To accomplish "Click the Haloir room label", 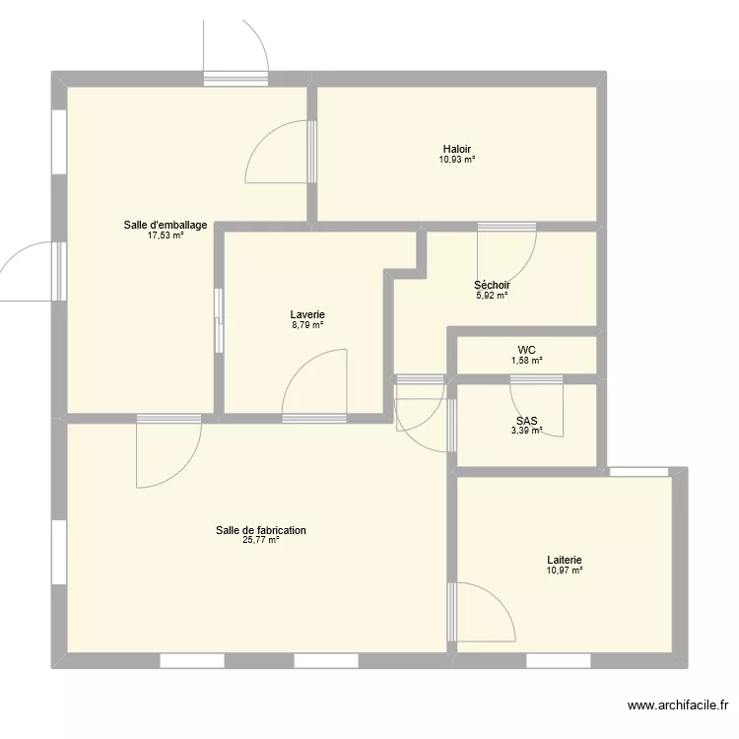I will coord(456,149).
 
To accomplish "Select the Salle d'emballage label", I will coord(166,225).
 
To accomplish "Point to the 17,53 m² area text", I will coord(166,235).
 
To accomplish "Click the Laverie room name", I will coord(307,314).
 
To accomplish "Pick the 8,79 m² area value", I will coord(307,325).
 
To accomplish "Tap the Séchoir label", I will coord(492,285).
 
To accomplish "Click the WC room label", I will coord(526,350).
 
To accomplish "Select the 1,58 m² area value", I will coord(526,361).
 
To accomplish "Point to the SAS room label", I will coord(526,419).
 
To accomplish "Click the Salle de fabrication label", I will coord(261,530).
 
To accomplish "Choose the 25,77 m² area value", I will coord(261,540).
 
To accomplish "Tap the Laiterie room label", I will coord(566,560).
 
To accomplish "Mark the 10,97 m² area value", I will coord(566,570).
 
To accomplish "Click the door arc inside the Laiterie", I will coord(488,611).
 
